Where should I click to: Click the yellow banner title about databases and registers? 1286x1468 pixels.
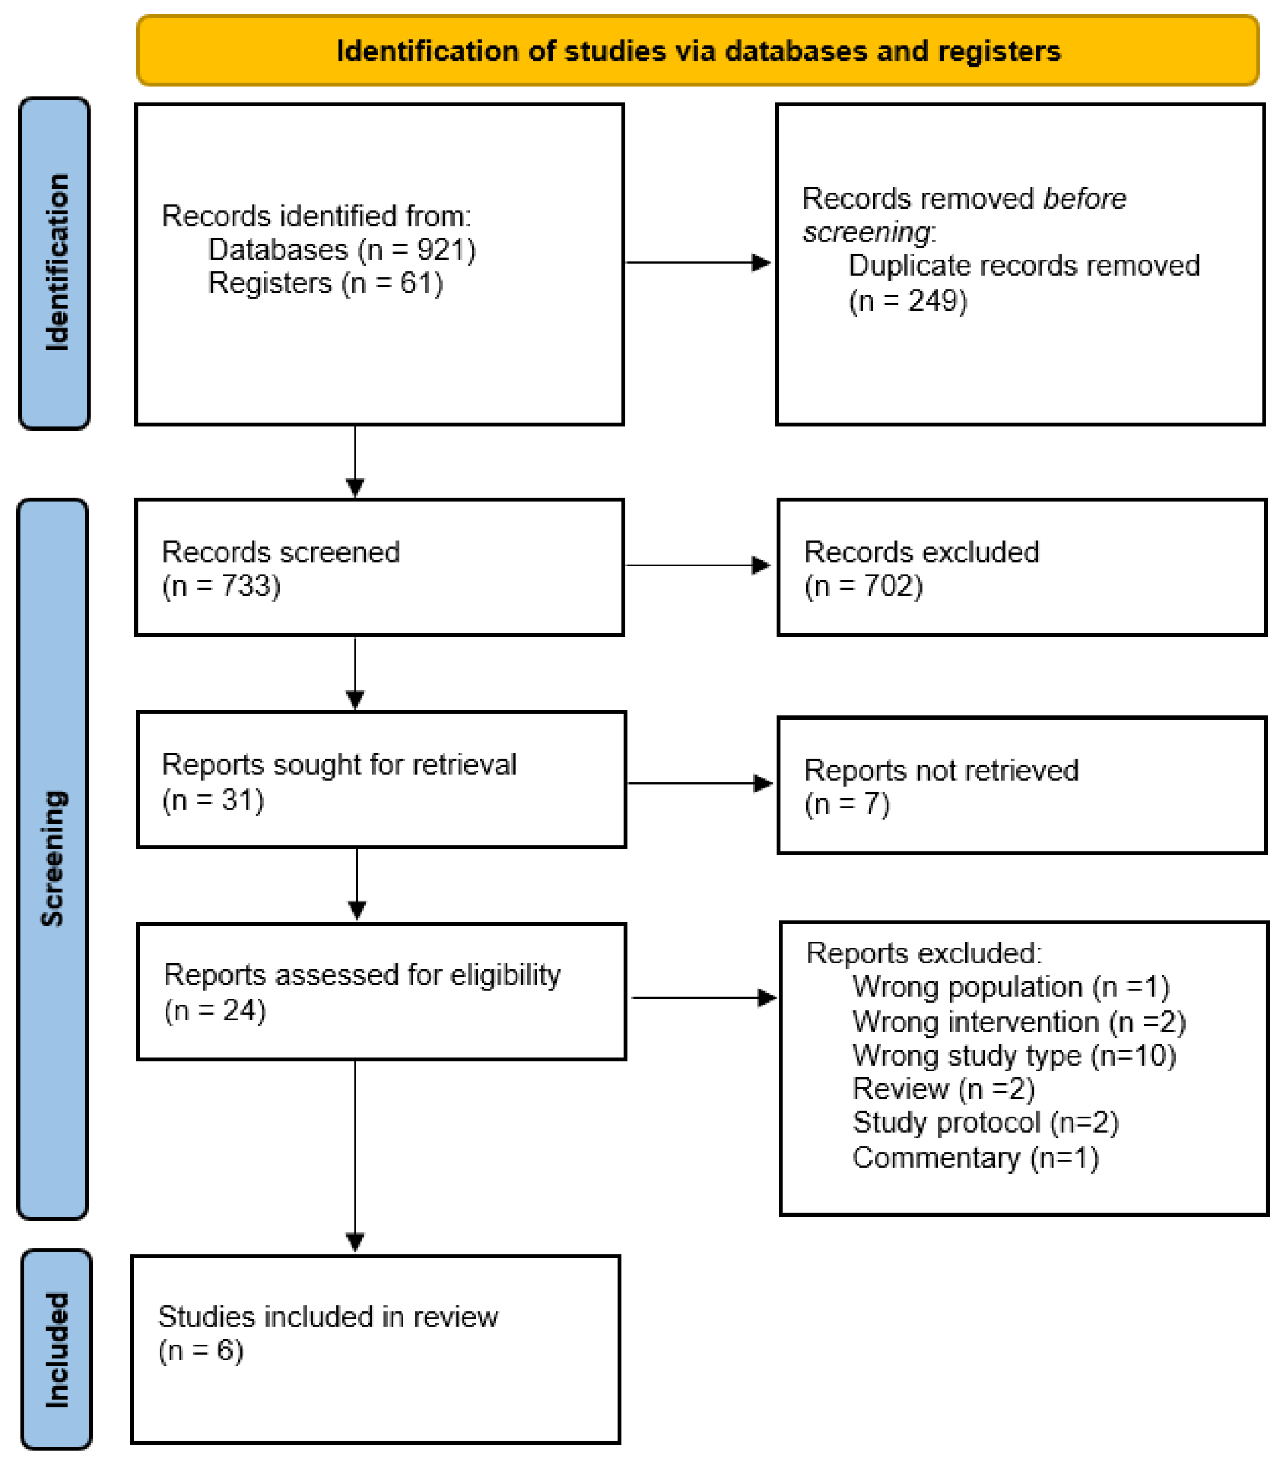(x=698, y=51)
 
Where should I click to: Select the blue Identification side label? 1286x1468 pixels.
(x=55, y=263)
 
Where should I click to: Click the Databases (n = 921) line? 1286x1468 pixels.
(x=342, y=250)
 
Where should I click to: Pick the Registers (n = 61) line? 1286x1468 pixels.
(x=325, y=284)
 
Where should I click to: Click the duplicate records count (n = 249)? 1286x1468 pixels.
(x=908, y=301)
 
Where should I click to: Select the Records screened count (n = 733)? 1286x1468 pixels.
(x=221, y=586)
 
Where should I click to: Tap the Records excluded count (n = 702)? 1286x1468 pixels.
(x=863, y=586)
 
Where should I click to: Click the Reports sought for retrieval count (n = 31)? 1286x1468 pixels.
(x=213, y=799)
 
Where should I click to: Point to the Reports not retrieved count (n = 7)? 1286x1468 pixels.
(x=847, y=804)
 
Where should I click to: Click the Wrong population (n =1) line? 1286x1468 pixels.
(x=1011, y=987)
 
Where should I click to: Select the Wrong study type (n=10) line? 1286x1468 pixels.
(x=1014, y=1055)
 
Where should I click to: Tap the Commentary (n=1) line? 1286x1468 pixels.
(x=975, y=1158)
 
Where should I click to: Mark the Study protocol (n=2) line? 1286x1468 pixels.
(x=985, y=1123)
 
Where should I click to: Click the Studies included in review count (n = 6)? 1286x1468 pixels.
(x=201, y=1351)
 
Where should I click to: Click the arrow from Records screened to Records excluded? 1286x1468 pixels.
(x=698, y=566)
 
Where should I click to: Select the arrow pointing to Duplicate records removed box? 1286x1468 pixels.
(x=698, y=263)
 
